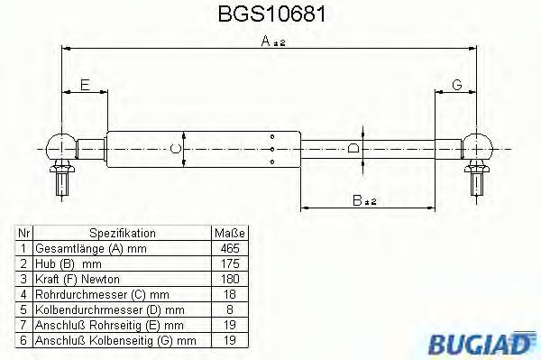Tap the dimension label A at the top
265,41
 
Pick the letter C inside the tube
178,148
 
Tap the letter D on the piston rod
354,148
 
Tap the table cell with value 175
230,263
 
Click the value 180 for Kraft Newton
230,279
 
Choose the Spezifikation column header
123,233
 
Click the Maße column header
230,233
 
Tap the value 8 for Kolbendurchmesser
230,309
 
